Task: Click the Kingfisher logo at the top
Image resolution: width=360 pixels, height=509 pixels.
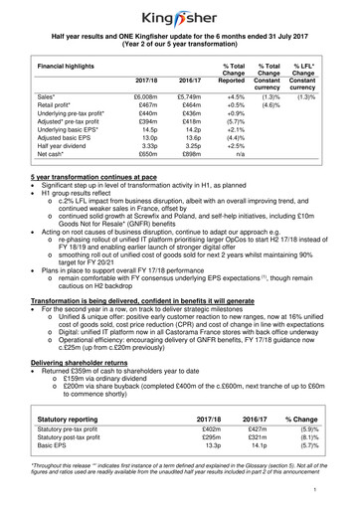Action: click(179, 15)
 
